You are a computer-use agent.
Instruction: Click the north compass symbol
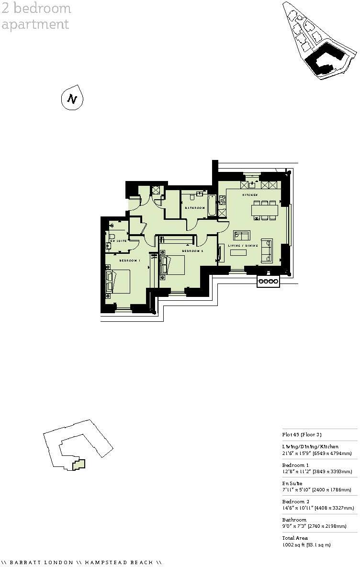pyautogui.click(x=72, y=99)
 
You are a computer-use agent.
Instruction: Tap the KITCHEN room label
pyautogui.click(x=250, y=195)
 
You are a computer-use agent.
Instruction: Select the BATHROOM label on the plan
pyautogui.click(x=195, y=208)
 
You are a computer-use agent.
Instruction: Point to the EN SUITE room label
pyautogui.click(x=118, y=240)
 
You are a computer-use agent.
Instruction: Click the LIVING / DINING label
pyautogui.click(x=243, y=246)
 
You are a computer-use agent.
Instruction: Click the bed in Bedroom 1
pyautogui.click(x=120, y=282)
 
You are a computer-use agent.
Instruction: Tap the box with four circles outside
pyautogui.click(x=268, y=282)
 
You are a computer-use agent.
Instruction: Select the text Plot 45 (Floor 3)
pyautogui.click(x=302, y=435)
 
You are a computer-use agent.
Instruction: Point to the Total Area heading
pyautogui.click(x=295, y=538)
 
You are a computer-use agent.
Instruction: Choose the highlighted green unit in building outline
pyautogui.click(x=79, y=464)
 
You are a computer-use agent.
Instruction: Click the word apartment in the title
pyautogui.click(x=35, y=24)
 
